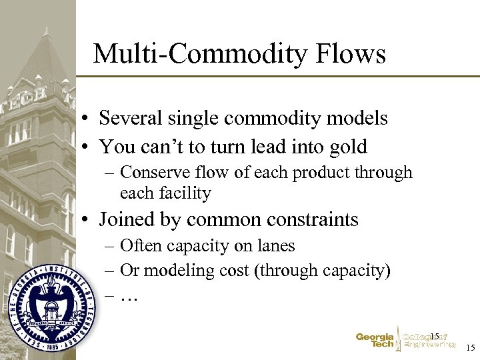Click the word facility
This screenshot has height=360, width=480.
pos(183,193)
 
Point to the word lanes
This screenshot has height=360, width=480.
pos(273,246)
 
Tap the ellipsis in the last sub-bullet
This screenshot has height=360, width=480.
pos(129,297)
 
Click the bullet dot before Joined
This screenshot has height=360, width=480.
pos(87,220)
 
